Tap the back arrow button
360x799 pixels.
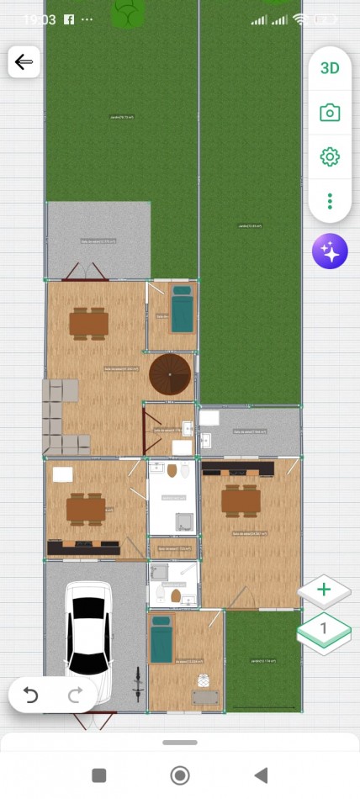click(x=24, y=62)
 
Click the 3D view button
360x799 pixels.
click(x=330, y=68)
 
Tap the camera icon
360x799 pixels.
click(x=330, y=113)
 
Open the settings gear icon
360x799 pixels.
click(x=330, y=156)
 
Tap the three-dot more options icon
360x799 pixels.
click(x=330, y=201)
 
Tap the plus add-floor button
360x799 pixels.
click(x=324, y=590)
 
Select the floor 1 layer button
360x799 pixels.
click(x=324, y=630)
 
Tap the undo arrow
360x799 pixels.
click(x=31, y=695)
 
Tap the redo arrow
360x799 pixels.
click(x=74, y=695)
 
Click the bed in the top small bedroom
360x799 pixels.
click(x=182, y=310)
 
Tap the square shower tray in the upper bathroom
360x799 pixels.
click(x=184, y=521)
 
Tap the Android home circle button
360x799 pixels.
click(x=179, y=775)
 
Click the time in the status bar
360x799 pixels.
click(x=40, y=19)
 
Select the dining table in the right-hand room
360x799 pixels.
click(x=241, y=500)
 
